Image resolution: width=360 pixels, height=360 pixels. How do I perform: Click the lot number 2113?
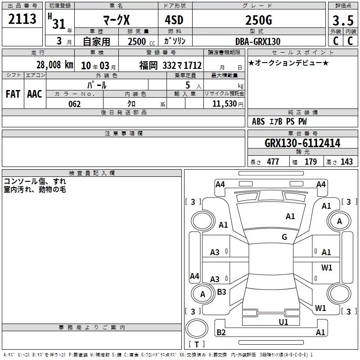click(x=22, y=19)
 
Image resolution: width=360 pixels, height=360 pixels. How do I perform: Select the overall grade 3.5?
click(x=343, y=21)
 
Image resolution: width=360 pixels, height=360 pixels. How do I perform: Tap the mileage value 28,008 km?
click(x=55, y=65)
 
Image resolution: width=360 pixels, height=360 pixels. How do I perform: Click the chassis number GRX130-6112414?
click(x=302, y=143)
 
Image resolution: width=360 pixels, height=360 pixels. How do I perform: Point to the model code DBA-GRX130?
click(x=258, y=41)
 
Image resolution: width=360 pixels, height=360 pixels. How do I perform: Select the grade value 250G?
click(x=259, y=20)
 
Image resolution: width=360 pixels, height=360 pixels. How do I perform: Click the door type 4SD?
click(x=174, y=20)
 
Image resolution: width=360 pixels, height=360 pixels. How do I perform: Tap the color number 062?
click(x=75, y=104)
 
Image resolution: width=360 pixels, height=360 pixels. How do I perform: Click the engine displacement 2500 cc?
click(x=141, y=41)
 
